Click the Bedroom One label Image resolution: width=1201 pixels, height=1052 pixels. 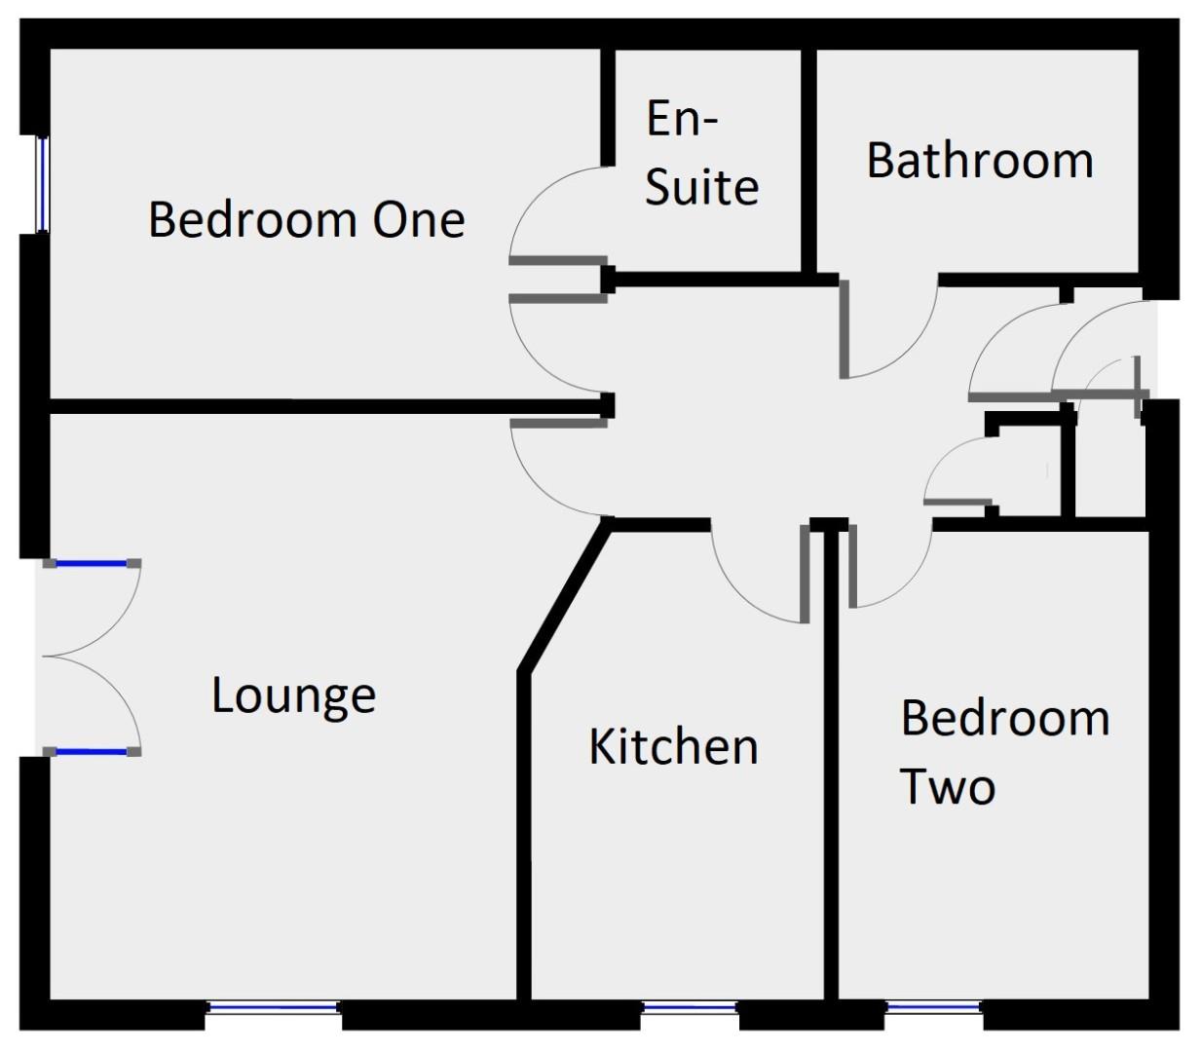click(x=306, y=219)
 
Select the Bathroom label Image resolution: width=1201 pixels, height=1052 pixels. click(x=980, y=161)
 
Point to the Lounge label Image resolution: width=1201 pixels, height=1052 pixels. click(x=293, y=695)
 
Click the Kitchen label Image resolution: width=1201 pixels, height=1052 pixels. click(x=673, y=747)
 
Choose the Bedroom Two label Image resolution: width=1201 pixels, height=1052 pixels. click(x=1004, y=752)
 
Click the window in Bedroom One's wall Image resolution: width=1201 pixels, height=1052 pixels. click(x=42, y=184)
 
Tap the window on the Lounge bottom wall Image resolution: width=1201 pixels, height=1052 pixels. click(x=273, y=1008)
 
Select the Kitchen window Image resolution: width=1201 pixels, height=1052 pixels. click(x=690, y=1008)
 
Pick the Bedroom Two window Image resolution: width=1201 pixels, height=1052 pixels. click(x=933, y=1007)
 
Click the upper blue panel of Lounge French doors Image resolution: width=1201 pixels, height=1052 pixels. click(x=92, y=563)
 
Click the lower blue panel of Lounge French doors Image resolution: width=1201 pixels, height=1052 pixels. click(x=92, y=752)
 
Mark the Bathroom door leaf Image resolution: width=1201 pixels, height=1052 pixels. click(x=844, y=329)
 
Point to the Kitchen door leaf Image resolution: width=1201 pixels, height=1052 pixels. click(x=805, y=575)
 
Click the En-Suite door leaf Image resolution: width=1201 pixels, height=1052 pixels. click(x=558, y=260)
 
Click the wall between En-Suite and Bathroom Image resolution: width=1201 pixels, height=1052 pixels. click(x=807, y=161)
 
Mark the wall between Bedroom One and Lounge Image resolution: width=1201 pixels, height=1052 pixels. click(x=321, y=405)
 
